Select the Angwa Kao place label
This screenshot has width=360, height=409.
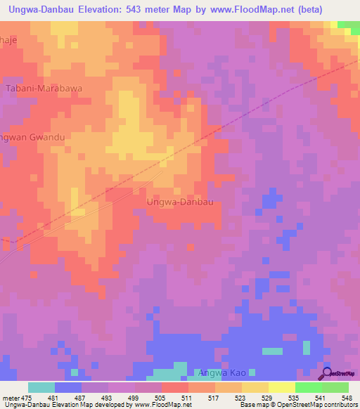click(x=223, y=372)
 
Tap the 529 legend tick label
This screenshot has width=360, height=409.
click(x=267, y=398)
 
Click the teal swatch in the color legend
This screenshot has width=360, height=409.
click(x=41, y=387)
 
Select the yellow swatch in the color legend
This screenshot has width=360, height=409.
click(x=282, y=387)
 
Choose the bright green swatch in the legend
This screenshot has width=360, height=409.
click(x=309, y=387)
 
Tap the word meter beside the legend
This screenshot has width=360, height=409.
click(x=11, y=398)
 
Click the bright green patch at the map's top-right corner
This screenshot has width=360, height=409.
click(x=348, y=25)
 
